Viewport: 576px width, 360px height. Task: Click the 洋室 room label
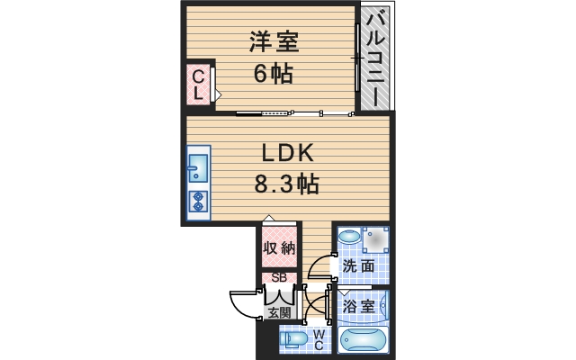(273, 42)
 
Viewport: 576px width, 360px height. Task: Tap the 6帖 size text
(273, 74)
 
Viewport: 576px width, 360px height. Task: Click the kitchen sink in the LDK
(198, 169)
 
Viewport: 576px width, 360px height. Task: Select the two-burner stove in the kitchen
(198, 202)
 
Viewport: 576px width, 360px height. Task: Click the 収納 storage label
(277, 247)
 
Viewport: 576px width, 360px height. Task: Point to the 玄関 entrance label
(278, 312)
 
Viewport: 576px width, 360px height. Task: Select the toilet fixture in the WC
(292, 339)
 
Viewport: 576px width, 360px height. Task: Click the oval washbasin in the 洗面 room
(351, 238)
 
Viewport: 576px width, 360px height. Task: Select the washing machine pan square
(376, 238)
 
